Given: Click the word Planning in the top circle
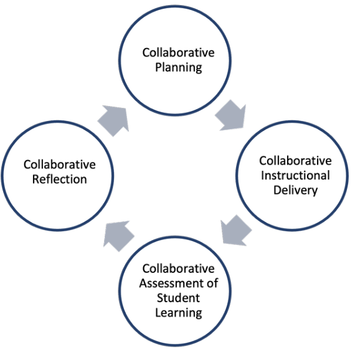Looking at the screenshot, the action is (178, 67).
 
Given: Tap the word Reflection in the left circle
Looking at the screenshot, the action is (60, 180).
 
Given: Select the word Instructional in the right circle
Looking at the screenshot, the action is (295, 175).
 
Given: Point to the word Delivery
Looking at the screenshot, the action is (295, 190).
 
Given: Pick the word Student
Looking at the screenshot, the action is (178, 298).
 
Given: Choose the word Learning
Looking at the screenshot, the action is (178, 313).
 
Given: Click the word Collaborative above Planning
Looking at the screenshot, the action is (178, 52).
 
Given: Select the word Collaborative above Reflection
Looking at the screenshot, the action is (60, 165).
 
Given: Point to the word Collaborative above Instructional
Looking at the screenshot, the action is (295, 161).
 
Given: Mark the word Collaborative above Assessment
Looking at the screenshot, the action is (178, 269).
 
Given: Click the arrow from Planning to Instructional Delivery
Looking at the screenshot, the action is (231, 115).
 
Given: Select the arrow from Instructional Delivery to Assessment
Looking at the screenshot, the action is (236, 230).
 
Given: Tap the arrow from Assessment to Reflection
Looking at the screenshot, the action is (118, 236).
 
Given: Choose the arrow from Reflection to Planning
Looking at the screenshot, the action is (113, 121).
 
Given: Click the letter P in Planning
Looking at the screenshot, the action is (158, 67).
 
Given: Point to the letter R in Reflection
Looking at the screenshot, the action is (36, 180).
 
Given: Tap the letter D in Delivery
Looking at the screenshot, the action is (277, 190).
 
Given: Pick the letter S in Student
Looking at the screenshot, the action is (160, 298).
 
